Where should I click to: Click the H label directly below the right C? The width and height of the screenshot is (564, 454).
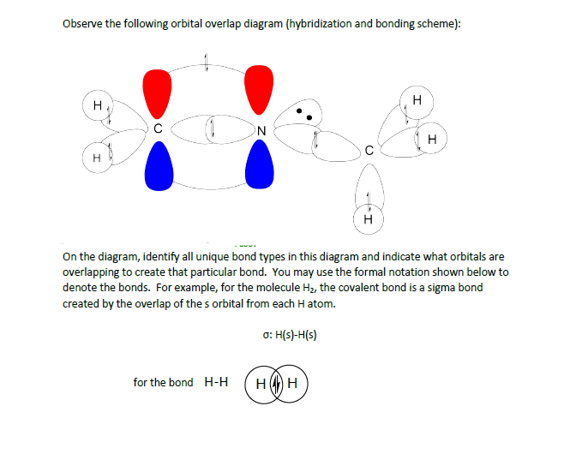tap(368, 221)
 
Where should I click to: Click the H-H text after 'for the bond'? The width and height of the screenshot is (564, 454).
tap(215, 382)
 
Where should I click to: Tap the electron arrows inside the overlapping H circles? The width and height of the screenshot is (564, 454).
tap(275, 382)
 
